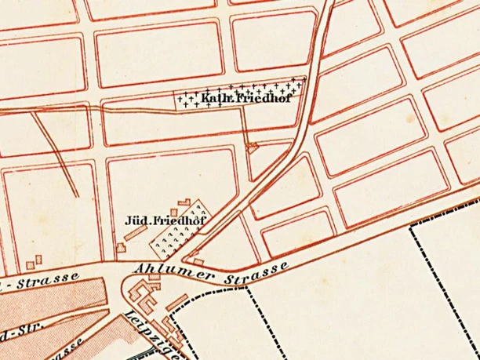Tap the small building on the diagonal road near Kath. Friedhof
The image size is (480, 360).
[x=252, y=146]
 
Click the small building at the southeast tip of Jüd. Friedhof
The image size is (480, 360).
[x=198, y=260]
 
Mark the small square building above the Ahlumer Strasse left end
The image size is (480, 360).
[x=121, y=248]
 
